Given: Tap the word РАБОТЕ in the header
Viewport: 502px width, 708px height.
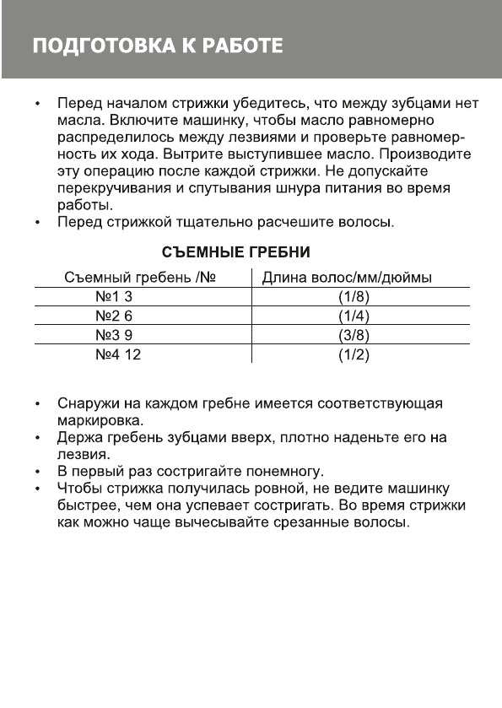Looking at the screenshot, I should pyautogui.click(x=243, y=45).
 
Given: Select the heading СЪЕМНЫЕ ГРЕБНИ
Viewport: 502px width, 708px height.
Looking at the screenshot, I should pyautogui.click(x=237, y=252).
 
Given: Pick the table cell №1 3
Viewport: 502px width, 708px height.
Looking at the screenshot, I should pyautogui.click(x=115, y=298).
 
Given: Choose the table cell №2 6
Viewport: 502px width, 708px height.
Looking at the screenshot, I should pyautogui.click(x=115, y=316).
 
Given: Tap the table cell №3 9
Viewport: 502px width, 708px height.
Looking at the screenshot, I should pyautogui.click(x=115, y=335).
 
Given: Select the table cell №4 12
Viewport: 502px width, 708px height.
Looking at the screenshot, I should pyautogui.click(x=118, y=354).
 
